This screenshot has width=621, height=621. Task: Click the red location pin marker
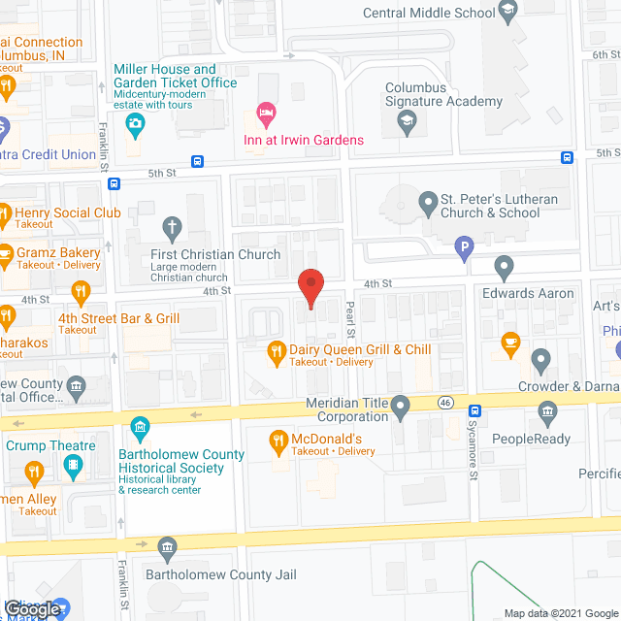(x=310, y=288)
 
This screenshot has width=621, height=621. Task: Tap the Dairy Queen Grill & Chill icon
(x=276, y=349)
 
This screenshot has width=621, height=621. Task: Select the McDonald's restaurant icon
(x=278, y=440)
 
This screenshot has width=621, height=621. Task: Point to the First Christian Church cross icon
(x=173, y=229)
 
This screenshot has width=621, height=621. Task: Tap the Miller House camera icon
(x=135, y=122)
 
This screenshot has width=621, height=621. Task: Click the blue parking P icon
(x=464, y=247)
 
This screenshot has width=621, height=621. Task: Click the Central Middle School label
(x=428, y=13)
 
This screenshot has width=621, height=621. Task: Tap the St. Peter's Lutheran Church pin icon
(x=427, y=205)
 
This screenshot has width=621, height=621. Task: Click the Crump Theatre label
(x=50, y=446)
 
